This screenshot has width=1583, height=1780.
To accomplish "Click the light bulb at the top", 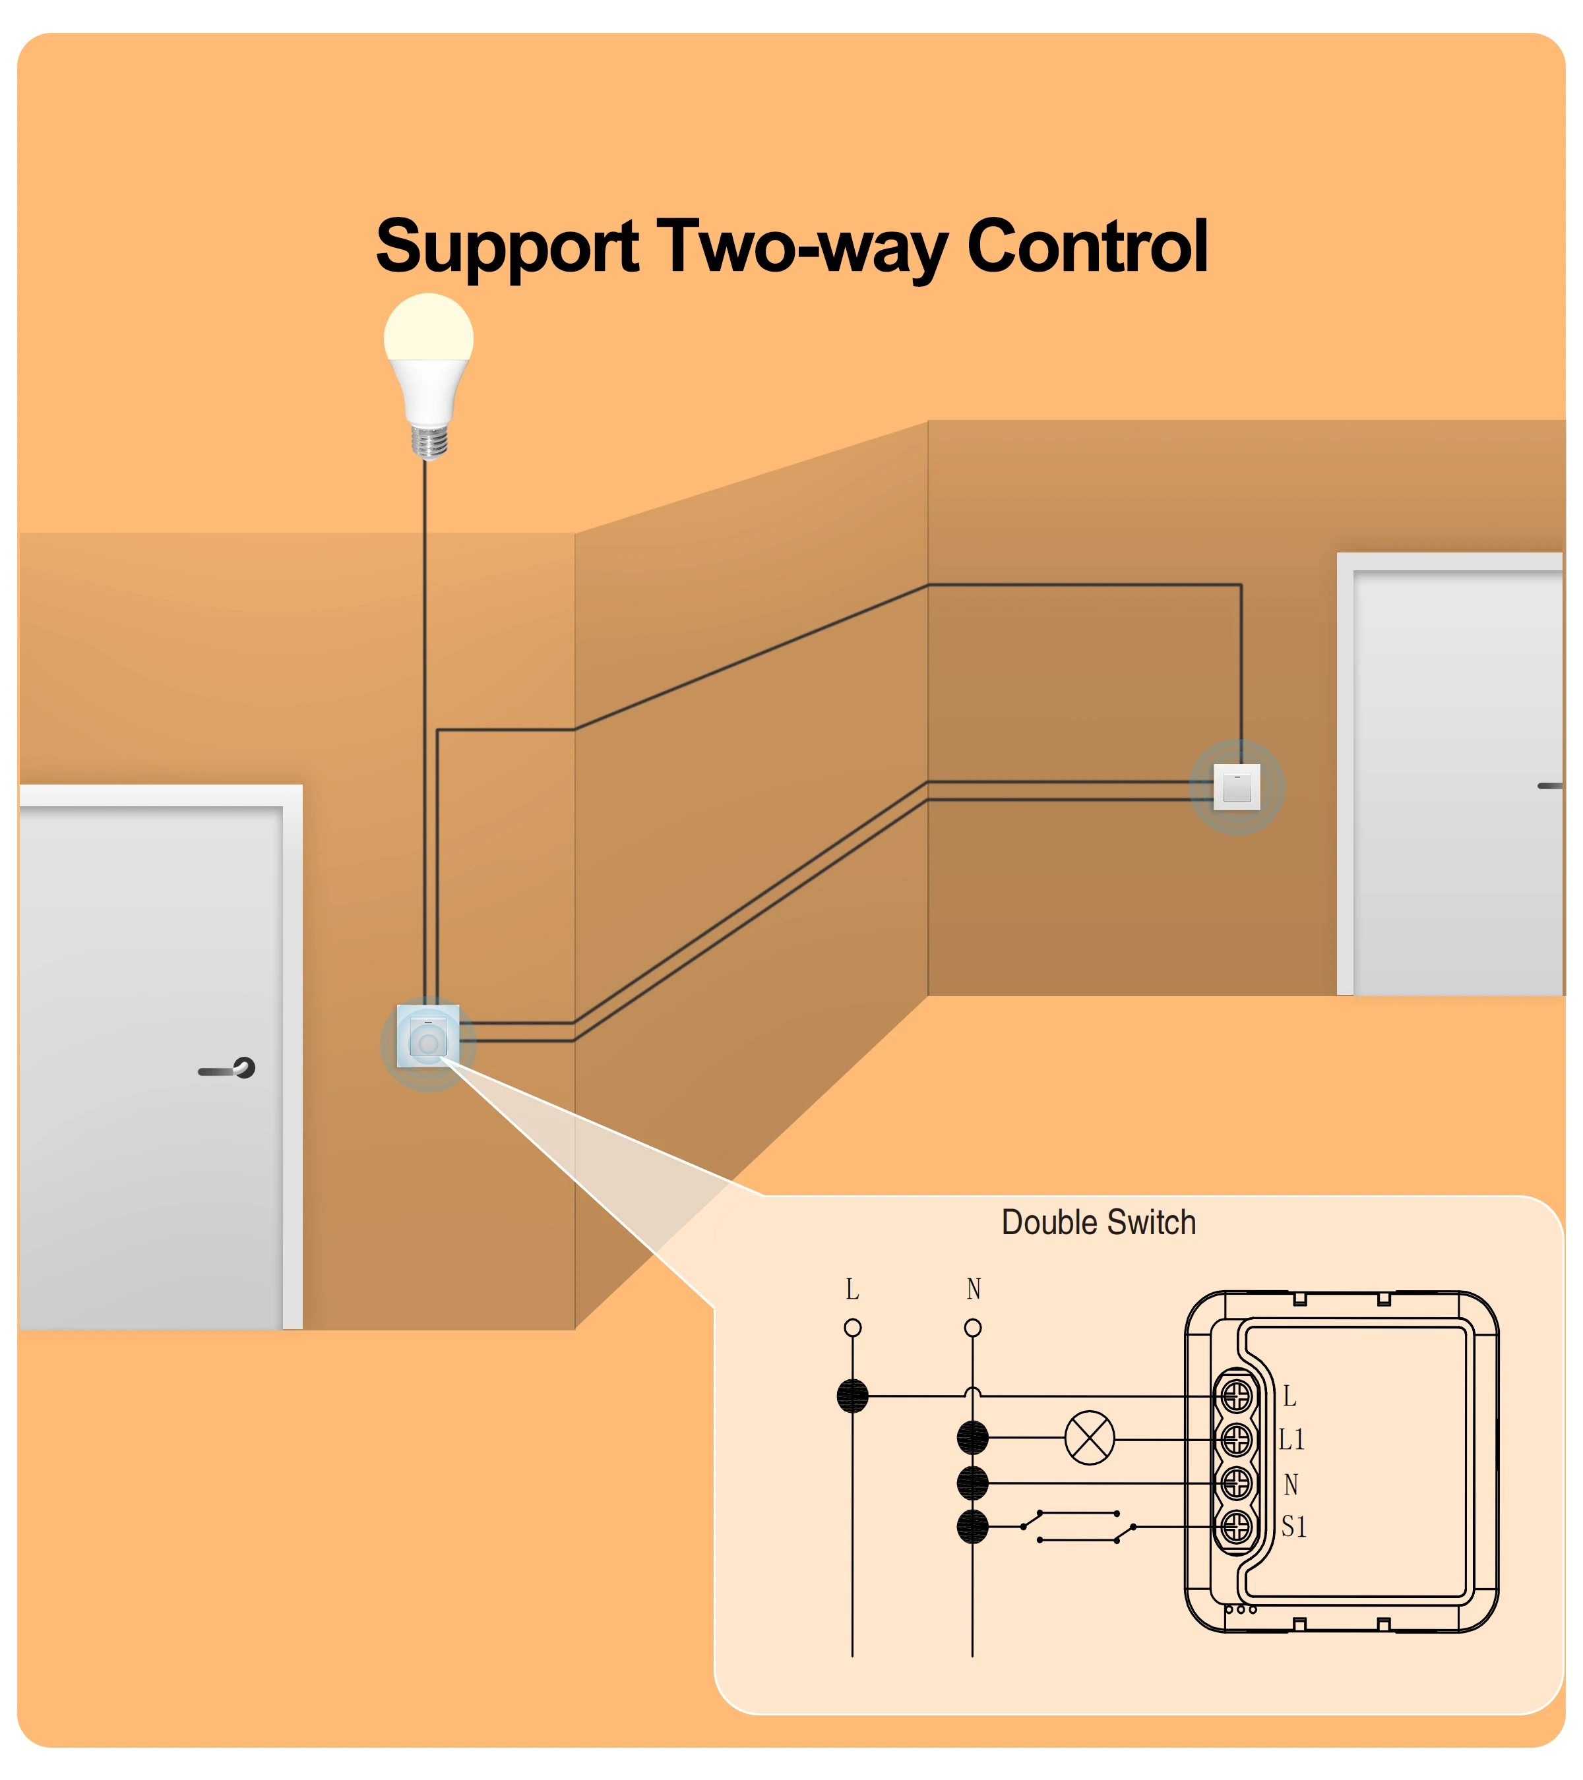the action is [429, 374].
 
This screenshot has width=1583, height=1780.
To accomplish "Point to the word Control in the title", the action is [1087, 247].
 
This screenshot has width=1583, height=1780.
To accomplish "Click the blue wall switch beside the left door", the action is [428, 1036].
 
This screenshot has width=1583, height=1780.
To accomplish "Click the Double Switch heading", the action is [1099, 1223].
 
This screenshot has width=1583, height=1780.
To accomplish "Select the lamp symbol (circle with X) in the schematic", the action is [1090, 1439].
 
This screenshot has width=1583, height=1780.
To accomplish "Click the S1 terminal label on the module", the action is [1293, 1527].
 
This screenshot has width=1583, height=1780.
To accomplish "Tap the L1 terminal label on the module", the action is [1292, 1440].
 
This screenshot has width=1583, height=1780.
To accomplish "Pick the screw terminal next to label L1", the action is [1236, 1440].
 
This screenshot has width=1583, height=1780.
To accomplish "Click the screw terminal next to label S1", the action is [1236, 1527].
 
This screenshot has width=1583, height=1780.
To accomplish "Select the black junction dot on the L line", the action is [853, 1396].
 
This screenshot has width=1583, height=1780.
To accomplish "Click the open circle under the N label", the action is [973, 1328].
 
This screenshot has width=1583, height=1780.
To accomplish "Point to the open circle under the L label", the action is [853, 1328].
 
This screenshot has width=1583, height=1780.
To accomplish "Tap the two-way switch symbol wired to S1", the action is [1078, 1527].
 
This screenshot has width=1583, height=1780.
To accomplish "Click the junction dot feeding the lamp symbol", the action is [972, 1439].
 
